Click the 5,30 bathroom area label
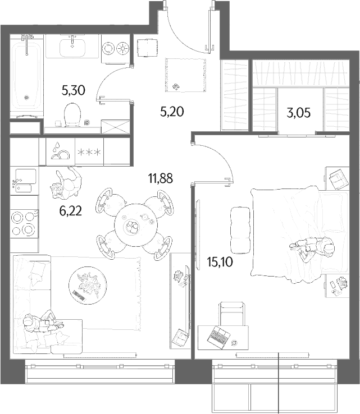pos(73,90)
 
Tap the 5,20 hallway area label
pos(172,112)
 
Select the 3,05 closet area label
pos(298,113)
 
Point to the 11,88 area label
pos(161,178)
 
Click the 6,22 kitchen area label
pos(71,211)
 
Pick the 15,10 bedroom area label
pos(220,262)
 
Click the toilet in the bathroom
pos(72,114)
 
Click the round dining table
pos(135,225)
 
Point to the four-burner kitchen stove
pos(24,223)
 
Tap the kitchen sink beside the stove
pos(25,180)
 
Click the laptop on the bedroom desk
pos(218,337)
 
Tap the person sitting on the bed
pos(312,247)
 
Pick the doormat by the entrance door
pos(185,75)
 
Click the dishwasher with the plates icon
pos(61,151)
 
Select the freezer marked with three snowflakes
pos(89,151)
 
